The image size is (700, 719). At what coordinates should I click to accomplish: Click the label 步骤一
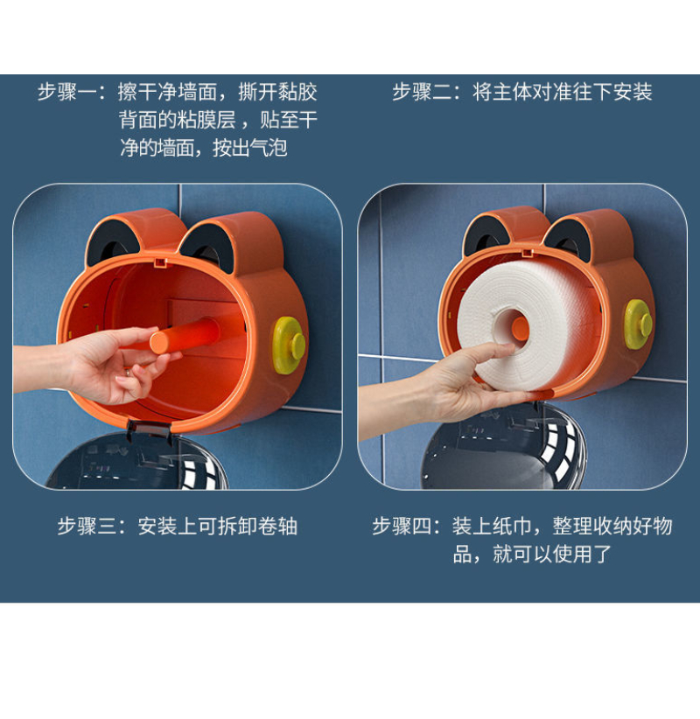(x=67, y=92)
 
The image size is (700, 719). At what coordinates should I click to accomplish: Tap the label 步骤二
(x=422, y=92)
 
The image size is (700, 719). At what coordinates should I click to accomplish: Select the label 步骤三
(x=87, y=526)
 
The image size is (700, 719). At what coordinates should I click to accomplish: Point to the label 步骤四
(x=402, y=526)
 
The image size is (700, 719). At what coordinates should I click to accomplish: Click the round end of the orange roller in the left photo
(x=160, y=342)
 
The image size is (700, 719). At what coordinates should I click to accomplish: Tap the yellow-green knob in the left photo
(x=290, y=345)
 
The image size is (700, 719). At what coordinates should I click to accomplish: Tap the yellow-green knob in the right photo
(x=639, y=324)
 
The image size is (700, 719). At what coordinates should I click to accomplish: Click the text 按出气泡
(x=250, y=148)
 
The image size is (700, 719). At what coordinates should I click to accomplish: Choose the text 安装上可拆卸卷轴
(x=217, y=526)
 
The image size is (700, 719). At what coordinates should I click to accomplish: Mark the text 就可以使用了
(x=553, y=554)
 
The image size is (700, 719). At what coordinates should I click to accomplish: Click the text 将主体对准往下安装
(x=563, y=92)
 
